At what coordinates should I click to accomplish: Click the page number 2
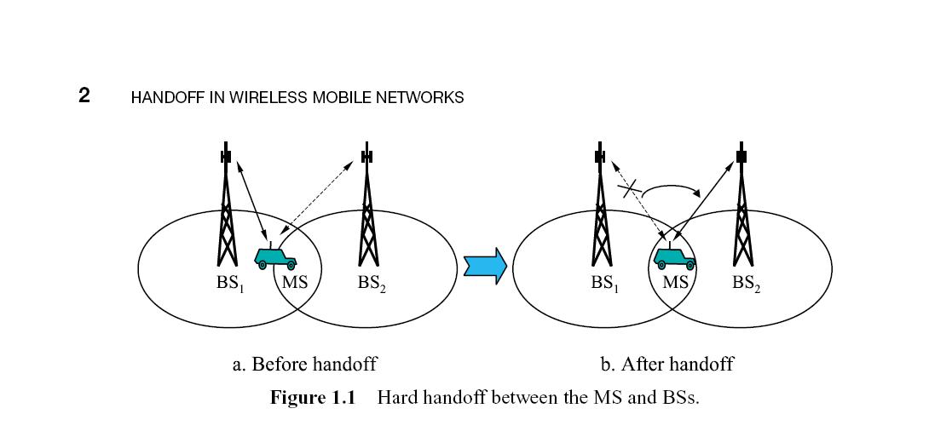point(84,95)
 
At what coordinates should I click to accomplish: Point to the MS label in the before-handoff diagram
point(295,282)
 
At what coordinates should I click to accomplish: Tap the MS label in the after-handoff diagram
point(675,282)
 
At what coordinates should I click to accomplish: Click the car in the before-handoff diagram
point(275,257)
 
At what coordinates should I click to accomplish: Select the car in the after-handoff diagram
point(674,256)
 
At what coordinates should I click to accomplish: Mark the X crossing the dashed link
point(632,189)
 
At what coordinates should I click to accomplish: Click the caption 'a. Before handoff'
point(304,365)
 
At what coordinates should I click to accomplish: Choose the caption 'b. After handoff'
point(666,365)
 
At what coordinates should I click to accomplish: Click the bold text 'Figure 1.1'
point(312,398)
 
